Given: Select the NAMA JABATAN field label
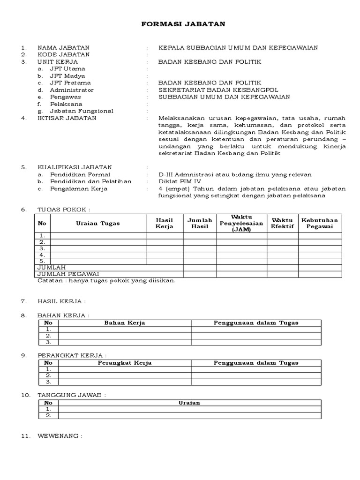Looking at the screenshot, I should tap(63, 47).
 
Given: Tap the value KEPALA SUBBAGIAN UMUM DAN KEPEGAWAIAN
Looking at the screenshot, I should tap(238, 47).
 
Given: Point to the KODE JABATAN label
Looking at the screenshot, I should tap(63, 54).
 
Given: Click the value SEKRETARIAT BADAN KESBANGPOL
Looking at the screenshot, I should tap(218, 90).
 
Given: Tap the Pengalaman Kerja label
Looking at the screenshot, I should tap(78, 188).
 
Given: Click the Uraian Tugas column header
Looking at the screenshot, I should tap(98, 223).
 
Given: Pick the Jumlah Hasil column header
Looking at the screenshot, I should tap(200, 223).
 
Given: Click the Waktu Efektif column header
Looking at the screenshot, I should tap(282, 223).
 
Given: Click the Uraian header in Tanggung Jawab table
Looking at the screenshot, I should tap(189, 403).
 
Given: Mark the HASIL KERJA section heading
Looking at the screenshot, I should tap(61, 301).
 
